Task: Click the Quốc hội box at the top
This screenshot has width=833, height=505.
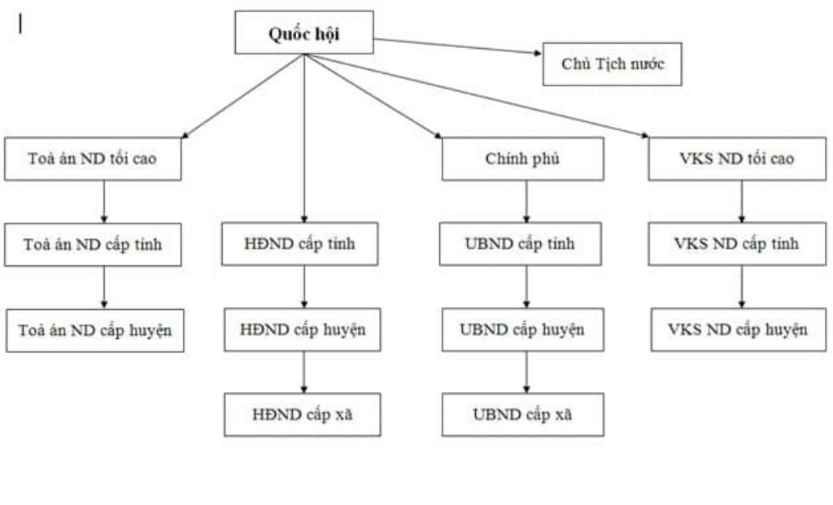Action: click(x=304, y=33)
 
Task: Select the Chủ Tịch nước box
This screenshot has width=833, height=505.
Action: click(x=612, y=64)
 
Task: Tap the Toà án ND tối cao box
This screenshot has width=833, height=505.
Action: click(x=92, y=159)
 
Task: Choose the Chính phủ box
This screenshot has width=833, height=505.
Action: click(x=522, y=159)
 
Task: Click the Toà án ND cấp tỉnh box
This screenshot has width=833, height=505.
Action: click(x=92, y=244)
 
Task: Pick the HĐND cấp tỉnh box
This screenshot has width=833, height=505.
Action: click(x=299, y=244)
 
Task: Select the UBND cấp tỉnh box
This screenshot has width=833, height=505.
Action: click(x=521, y=244)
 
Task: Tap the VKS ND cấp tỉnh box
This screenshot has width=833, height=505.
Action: click(x=736, y=244)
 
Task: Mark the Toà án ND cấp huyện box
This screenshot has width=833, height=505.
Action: click(x=94, y=330)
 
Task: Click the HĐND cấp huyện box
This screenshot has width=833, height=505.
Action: click(x=302, y=329)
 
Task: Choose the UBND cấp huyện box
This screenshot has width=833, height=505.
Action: click(x=521, y=329)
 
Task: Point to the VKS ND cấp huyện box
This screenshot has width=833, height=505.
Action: click(x=738, y=329)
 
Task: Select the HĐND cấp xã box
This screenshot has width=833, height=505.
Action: click(x=302, y=415)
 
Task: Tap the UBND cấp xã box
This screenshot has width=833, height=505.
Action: click(x=522, y=415)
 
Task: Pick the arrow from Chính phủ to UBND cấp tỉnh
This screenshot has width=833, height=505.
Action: click(x=526, y=201)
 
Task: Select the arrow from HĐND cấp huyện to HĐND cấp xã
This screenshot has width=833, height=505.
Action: click(x=304, y=372)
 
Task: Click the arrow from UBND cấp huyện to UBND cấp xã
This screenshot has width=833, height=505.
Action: click(x=526, y=372)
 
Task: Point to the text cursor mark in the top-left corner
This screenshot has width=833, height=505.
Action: click(x=20, y=24)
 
